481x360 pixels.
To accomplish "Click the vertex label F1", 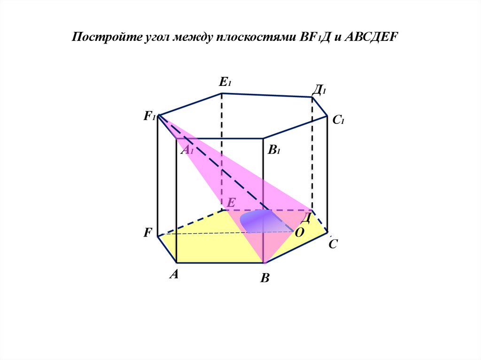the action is pos(149,116).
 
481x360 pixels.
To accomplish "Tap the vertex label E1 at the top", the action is pos(225,83).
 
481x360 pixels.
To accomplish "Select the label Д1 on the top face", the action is pos(320,89).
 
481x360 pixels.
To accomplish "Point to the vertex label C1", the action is pos(339,120).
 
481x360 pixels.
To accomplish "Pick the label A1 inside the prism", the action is pos(187,151).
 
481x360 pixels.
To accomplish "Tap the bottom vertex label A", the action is pos(174,275).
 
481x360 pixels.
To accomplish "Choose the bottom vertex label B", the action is pos(265,279).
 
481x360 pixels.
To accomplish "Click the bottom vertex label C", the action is pos(333,244).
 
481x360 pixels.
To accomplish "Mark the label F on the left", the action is pos(148,232).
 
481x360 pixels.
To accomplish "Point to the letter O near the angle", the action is pos(299,232).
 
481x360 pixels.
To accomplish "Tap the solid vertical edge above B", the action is pos(263,197).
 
